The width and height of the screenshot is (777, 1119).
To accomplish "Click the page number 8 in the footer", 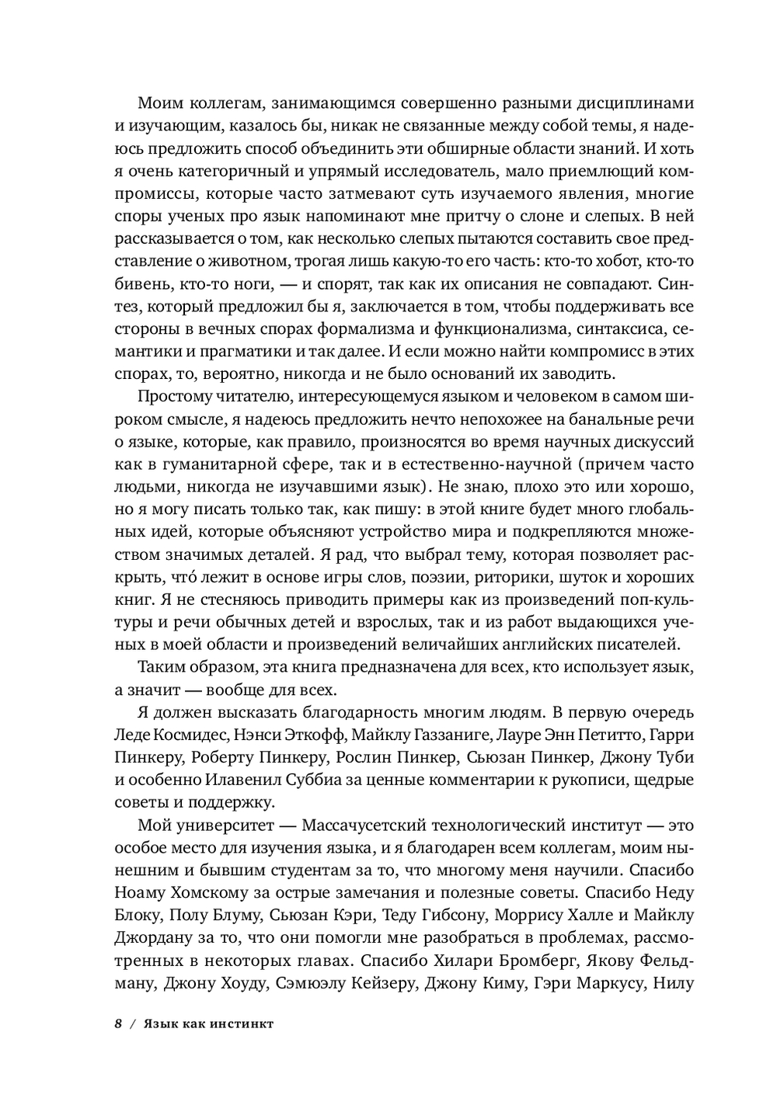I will coord(119,1023).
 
